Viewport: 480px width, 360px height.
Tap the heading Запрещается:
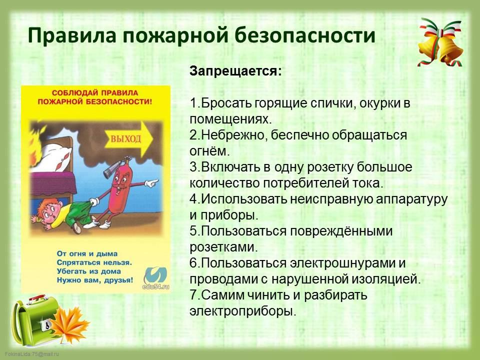click(235, 72)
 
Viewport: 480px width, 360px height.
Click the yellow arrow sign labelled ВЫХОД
click(128, 139)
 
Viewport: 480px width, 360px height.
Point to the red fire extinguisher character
click(119, 186)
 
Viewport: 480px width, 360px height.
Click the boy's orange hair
click(46, 205)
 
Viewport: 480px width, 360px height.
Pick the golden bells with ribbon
click(441, 43)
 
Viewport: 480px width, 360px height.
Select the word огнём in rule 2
click(209, 151)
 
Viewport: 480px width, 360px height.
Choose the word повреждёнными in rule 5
click(341, 231)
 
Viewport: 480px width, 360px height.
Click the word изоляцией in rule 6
click(385, 279)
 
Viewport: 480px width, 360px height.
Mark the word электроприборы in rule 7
click(243, 311)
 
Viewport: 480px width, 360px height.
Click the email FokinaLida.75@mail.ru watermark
click(32, 354)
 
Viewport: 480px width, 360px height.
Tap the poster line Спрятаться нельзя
click(94, 262)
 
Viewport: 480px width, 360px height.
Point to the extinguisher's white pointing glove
click(151, 183)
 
